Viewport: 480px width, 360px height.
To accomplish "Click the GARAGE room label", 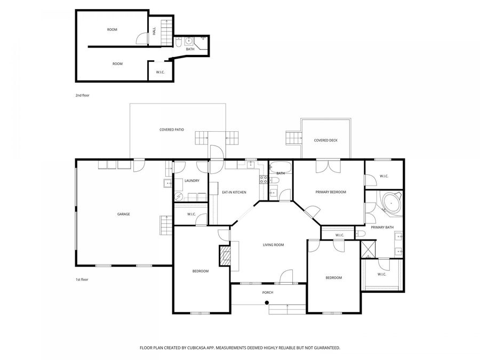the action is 123,214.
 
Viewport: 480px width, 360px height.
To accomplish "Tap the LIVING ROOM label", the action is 274,245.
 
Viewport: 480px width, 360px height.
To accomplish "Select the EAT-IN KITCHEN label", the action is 234,192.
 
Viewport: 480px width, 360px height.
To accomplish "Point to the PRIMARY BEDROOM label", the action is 331,192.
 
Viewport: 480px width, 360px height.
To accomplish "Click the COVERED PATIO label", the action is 172,130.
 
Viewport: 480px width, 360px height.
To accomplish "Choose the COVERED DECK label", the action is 326,140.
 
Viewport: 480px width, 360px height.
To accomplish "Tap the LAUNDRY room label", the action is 192,181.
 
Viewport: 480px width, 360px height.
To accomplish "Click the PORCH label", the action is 268,293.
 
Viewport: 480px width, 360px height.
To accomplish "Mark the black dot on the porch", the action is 267,303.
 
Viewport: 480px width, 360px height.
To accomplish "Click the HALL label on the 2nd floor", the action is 154,31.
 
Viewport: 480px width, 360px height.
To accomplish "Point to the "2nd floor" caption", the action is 82,95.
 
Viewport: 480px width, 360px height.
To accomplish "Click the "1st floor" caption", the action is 82,279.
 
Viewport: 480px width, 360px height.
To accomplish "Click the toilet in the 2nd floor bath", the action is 178,43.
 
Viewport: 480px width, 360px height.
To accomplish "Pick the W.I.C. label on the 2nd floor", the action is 161,72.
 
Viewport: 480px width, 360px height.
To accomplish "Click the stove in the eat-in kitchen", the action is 263,180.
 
